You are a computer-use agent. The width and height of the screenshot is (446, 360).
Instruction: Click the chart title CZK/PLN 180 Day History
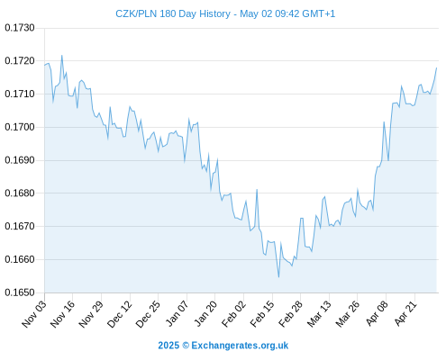(x=173, y=13)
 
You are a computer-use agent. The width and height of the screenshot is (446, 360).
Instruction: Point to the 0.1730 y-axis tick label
(x=20, y=28)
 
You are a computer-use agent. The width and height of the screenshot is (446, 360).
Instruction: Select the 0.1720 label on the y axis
(x=20, y=61)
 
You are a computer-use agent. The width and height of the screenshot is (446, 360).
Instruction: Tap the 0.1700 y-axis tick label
(x=20, y=127)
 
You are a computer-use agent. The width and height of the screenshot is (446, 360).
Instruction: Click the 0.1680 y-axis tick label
(x=20, y=193)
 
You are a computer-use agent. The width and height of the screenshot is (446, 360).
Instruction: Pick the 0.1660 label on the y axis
(x=20, y=259)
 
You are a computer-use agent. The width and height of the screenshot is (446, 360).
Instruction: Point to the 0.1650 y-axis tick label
(x=20, y=292)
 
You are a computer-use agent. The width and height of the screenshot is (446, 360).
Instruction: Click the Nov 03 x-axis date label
(x=34, y=313)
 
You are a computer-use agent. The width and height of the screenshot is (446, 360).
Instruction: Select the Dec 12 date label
(x=119, y=313)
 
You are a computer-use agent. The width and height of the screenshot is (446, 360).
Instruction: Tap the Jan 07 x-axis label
(x=177, y=313)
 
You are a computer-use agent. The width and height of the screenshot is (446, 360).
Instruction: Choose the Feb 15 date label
(x=262, y=313)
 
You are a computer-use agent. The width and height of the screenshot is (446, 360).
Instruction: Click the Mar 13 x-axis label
(x=319, y=313)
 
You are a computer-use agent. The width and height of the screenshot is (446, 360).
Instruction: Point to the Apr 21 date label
(x=405, y=313)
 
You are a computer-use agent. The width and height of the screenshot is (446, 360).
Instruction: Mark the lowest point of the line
(x=278, y=277)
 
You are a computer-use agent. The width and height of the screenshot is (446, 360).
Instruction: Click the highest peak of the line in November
(x=62, y=55)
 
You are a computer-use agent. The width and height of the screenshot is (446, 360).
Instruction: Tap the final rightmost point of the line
(x=437, y=67)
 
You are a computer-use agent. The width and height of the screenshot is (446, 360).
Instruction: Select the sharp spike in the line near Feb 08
(x=257, y=190)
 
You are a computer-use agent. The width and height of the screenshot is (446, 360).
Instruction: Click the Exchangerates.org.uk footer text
(x=240, y=346)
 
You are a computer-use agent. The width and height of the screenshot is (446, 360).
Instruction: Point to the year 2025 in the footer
(x=168, y=346)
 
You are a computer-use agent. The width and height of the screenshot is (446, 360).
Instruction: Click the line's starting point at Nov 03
(x=45, y=65)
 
